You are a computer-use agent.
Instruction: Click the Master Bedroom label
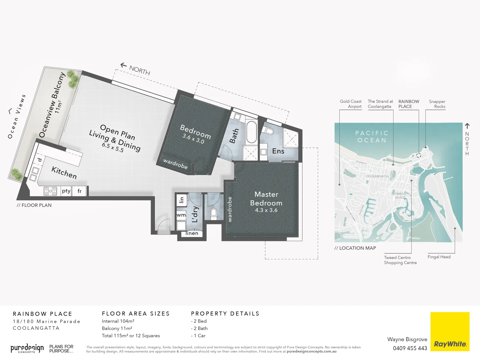pos(266,199)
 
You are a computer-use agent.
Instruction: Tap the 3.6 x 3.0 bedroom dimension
pos(193,139)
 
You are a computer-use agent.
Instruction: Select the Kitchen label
pos(64,172)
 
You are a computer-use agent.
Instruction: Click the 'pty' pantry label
pos(66,191)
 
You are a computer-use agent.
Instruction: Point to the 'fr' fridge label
pos(80,191)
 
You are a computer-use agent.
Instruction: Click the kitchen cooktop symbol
pos(50,191)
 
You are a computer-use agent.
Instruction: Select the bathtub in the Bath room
pos(251,132)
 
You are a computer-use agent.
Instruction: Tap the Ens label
pos(278,151)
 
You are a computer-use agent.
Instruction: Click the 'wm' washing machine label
pos(181,215)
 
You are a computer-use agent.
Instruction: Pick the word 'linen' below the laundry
pos(192,233)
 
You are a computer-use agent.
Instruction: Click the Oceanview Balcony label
pos(52,105)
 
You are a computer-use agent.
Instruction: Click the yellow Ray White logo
pos(450,331)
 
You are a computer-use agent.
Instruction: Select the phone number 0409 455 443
pos(410,348)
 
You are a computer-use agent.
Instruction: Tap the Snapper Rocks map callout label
pos(437,104)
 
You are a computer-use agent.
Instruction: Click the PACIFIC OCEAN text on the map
pos(372,137)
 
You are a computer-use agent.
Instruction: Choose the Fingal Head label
pos(439,257)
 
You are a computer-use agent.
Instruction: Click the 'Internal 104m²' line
pos(118,321)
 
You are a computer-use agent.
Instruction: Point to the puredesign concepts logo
pos(27,349)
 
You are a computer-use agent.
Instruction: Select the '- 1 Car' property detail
pos(198,336)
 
